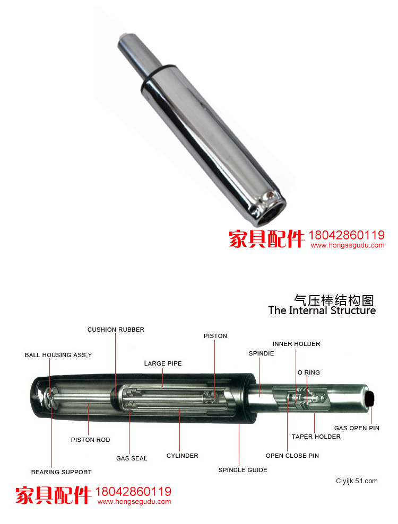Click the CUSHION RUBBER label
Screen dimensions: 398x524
[116, 330]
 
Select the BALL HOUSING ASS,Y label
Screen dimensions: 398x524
[58, 355]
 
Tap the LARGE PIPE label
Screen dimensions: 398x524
[163, 363]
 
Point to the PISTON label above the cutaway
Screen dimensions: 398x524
[215, 336]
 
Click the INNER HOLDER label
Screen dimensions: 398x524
[297, 344]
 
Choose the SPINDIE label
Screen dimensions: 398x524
[262, 353]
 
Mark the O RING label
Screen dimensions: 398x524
[309, 372]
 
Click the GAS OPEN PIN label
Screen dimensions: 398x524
[357, 428]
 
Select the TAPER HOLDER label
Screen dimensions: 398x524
[316, 437]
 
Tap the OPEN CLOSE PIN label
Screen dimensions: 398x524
[292, 456]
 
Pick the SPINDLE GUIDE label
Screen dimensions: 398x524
[243, 470]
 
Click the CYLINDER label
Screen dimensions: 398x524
[183, 456]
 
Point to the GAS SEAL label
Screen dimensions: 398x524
[132, 458]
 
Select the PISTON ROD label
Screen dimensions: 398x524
[90, 440]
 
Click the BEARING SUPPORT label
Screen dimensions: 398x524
[61, 472]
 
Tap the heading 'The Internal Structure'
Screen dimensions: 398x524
[322, 310]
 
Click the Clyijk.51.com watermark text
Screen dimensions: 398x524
[357, 481]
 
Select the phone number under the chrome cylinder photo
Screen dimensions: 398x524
[347, 235]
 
